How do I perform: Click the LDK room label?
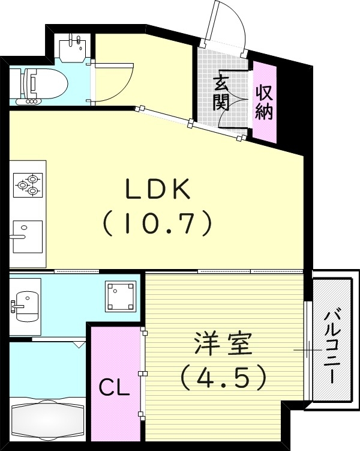(x=158, y=190)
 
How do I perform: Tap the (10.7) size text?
(x=158, y=224)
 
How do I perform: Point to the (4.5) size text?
(x=223, y=377)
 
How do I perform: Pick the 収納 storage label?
(x=264, y=102)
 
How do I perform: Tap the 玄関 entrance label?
(x=221, y=92)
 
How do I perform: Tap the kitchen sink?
(x=28, y=236)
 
